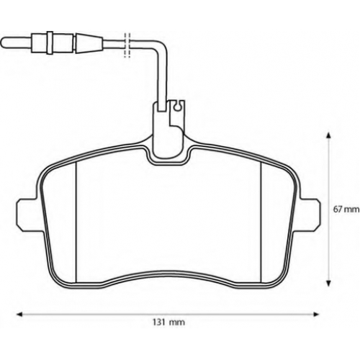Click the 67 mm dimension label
pos(346,209)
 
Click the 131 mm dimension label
pos(168,322)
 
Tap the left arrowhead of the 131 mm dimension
pos(19,314)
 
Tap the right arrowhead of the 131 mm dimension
pos(316,314)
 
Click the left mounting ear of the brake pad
pos(27,215)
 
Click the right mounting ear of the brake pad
pos(310,215)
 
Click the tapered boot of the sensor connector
pos(89,43)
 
